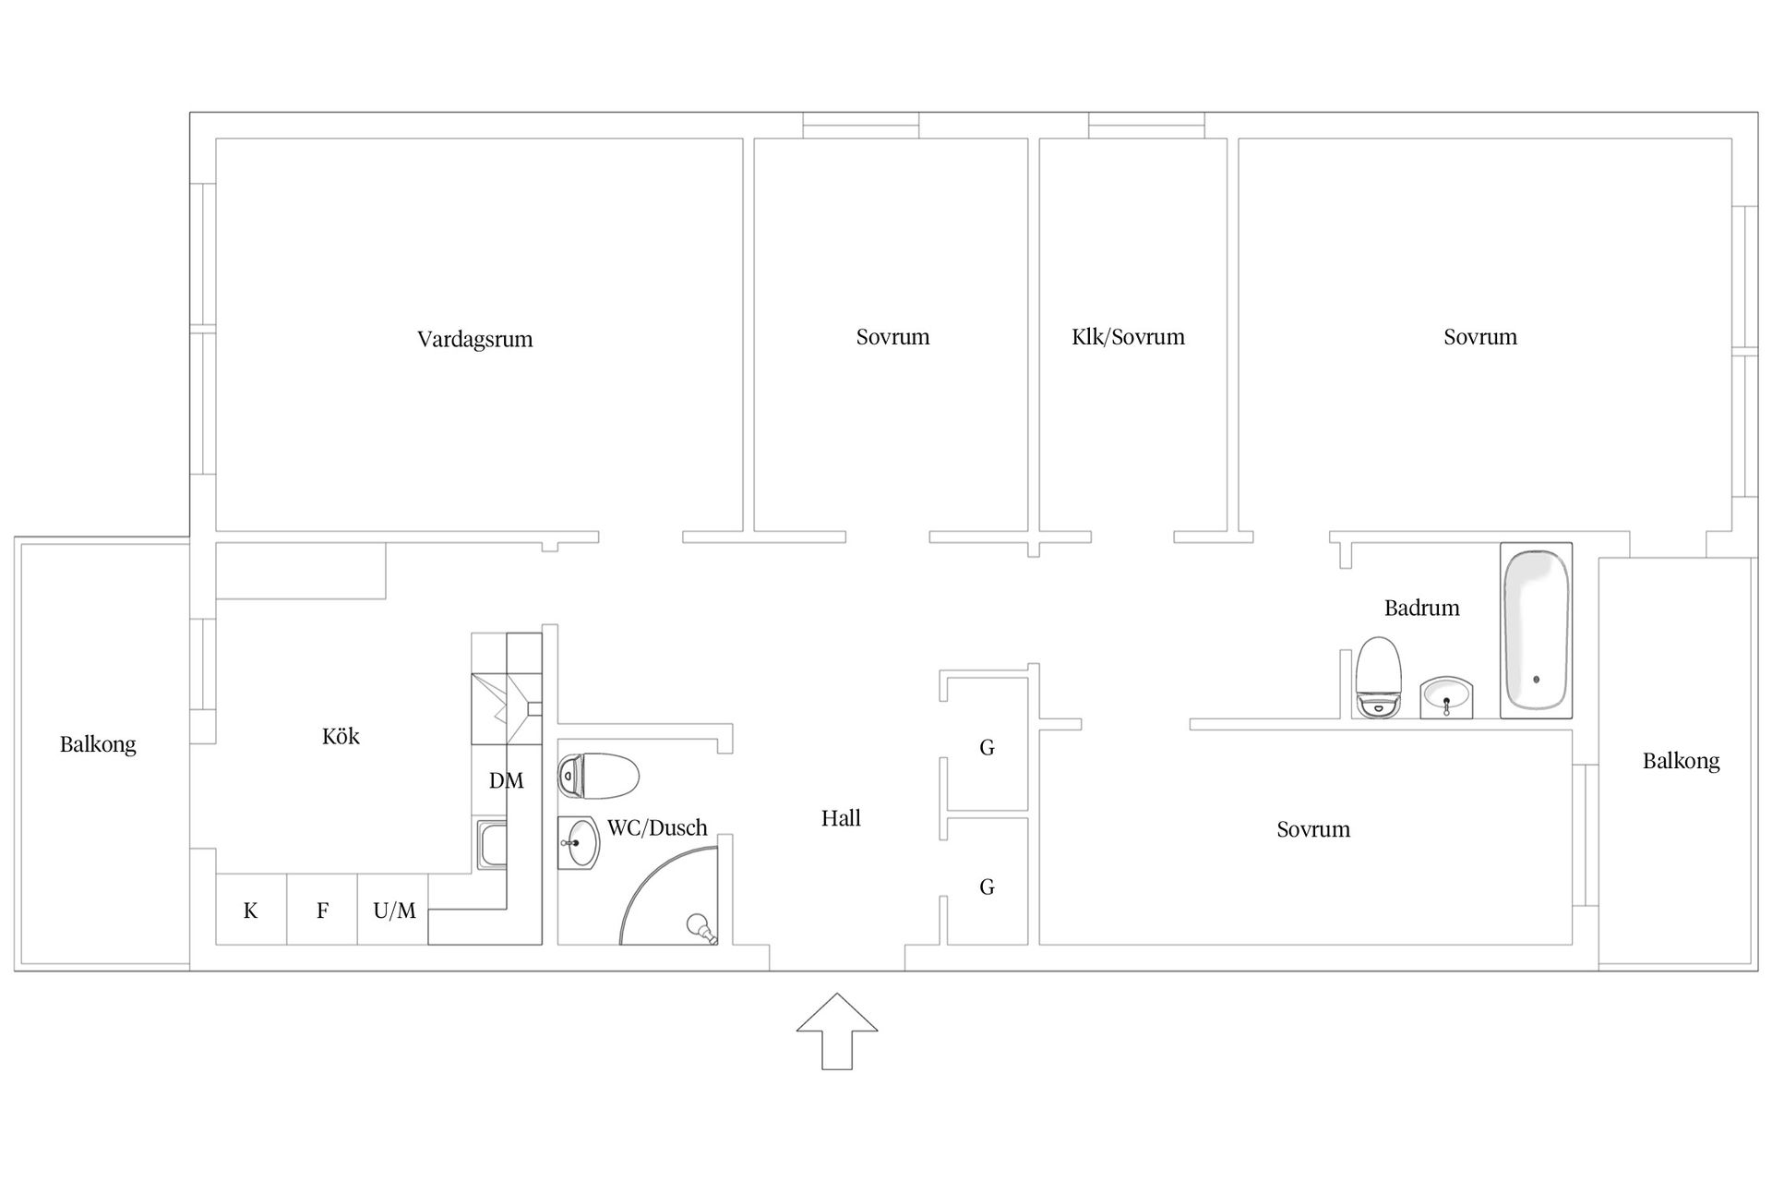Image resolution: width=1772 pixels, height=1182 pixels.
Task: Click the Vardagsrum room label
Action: point(475,339)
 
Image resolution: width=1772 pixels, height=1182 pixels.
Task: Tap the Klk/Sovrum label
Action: point(1128,337)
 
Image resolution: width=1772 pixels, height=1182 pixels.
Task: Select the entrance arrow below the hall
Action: point(837,1031)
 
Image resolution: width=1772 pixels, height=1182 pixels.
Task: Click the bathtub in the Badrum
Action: point(1536,630)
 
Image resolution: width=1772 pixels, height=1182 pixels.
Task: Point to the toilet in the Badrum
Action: point(1379,677)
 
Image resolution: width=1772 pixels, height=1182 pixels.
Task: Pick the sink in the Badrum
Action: point(1447,697)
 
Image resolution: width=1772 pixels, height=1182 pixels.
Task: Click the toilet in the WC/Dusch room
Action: point(598,776)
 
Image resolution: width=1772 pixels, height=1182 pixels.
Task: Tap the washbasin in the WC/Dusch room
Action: point(579,843)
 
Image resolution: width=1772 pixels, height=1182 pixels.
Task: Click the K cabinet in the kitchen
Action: point(251,910)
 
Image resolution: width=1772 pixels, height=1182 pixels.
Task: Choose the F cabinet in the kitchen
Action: point(322,910)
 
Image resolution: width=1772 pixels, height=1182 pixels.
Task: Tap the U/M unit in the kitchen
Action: point(393,910)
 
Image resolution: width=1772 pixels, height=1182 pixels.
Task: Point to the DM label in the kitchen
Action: point(506,781)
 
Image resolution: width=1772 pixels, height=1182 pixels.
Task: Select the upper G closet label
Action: point(987,748)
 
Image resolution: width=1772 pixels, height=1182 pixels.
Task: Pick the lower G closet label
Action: point(987,887)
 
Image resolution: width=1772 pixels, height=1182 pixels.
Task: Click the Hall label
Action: point(841,818)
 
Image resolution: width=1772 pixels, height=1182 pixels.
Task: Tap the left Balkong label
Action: point(98,745)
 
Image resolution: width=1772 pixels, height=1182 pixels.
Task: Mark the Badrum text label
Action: point(1422,608)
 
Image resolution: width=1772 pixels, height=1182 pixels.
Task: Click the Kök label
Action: point(341,736)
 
